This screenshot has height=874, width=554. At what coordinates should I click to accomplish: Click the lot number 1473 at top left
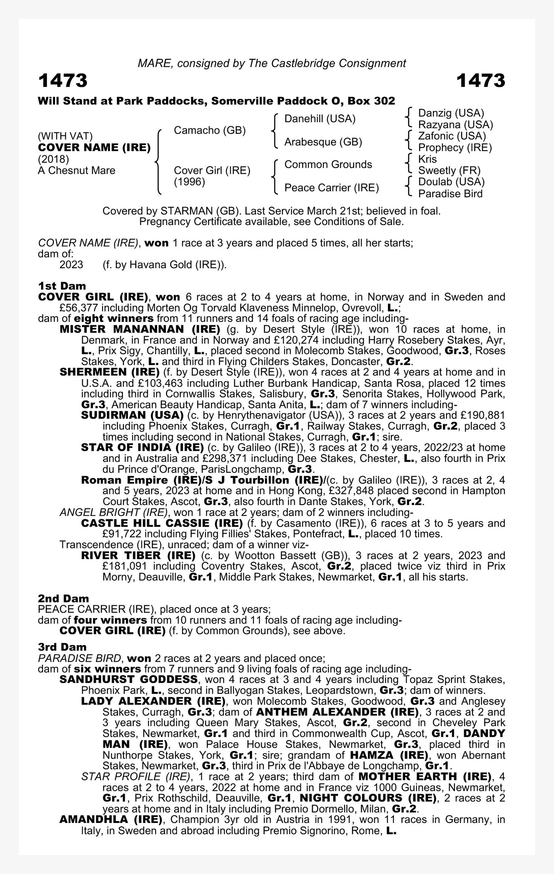click(63, 81)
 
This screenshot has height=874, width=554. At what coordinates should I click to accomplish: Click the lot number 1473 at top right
click(480, 81)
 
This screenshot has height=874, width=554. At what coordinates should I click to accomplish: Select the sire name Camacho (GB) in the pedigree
click(209, 130)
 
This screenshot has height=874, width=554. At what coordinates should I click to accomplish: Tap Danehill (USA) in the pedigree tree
click(320, 119)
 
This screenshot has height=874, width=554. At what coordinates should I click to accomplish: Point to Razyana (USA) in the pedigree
click(456, 124)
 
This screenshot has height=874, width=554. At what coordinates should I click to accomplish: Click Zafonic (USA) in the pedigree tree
click(452, 136)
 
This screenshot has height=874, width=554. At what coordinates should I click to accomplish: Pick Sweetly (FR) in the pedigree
click(449, 170)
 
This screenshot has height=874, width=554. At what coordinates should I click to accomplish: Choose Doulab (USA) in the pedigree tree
click(451, 182)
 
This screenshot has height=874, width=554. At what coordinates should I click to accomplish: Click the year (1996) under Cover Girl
click(189, 182)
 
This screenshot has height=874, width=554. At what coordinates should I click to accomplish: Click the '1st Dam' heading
click(62, 286)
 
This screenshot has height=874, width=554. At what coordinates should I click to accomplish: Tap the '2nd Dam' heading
click(63, 599)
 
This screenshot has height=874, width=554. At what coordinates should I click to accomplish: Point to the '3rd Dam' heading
click(62, 647)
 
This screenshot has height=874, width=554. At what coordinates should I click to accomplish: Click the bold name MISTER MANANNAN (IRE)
click(140, 329)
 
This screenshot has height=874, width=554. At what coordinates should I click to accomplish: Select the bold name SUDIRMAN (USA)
click(132, 415)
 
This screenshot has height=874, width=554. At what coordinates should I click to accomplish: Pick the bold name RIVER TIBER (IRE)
click(138, 555)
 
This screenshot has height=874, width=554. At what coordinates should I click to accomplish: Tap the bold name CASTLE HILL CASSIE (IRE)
click(162, 523)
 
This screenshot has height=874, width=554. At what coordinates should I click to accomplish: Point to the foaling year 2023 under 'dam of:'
click(71, 265)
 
